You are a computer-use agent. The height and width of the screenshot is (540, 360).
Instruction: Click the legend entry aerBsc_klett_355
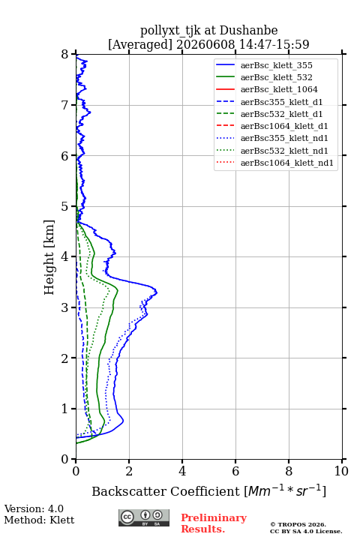click(276, 65)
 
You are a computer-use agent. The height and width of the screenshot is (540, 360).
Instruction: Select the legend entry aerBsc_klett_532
click(276, 77)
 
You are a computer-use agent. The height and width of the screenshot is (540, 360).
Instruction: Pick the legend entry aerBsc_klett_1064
click(279, 89)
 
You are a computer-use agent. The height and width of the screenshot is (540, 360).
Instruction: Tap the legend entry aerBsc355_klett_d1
click(281, 102)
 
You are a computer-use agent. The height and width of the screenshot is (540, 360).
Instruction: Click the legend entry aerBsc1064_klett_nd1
click(287, 163)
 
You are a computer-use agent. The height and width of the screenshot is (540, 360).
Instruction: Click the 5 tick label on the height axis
click(65, 207)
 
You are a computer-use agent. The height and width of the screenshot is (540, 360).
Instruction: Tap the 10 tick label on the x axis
click(341, 471)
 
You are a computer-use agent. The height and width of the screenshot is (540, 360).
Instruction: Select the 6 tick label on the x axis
click(235, 471)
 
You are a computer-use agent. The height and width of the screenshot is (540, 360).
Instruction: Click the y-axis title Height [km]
click(49, 257)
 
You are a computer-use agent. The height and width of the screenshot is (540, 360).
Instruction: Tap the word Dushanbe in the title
click(249, 30)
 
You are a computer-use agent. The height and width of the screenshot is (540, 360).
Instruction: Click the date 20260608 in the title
click(205, 44)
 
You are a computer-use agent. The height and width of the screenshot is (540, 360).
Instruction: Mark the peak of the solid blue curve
click(157, 292)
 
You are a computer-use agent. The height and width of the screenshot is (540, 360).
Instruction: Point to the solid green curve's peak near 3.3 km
click(118, 290)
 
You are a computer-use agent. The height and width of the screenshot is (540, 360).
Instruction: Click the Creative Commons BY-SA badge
click(144, 517)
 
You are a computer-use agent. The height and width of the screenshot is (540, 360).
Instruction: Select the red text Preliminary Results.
click(214, 523)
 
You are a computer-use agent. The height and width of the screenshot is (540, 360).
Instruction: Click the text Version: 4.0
click(34, 508)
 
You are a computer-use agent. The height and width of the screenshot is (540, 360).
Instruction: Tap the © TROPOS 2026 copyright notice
click(298, 524)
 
